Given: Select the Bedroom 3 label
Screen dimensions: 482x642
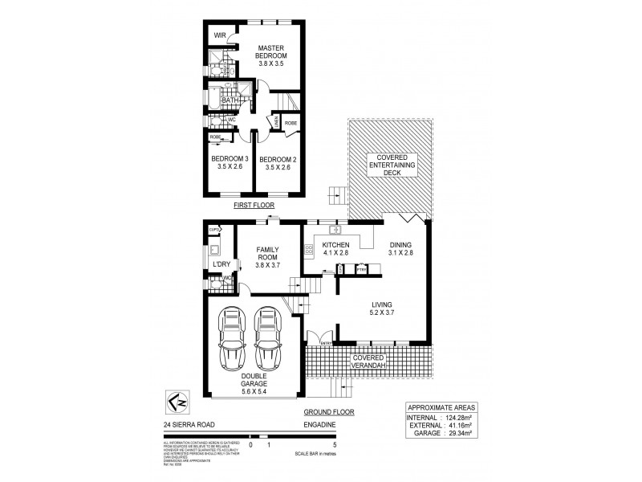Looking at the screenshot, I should [230, 163].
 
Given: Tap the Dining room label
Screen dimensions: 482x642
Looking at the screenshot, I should [399, 249].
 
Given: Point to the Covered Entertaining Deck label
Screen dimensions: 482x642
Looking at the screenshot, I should [388, 165].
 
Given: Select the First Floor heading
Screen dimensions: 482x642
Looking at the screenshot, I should [254, 206].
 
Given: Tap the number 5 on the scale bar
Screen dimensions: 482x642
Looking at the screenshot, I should [332, 443].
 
